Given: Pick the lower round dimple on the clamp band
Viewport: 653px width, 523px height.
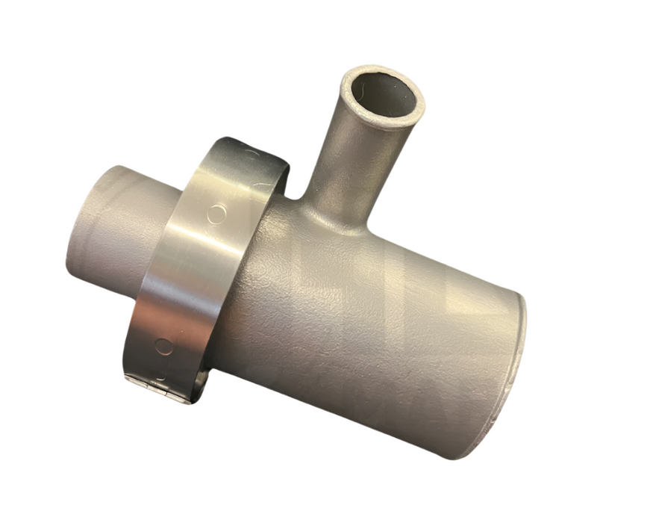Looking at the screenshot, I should click(x=163, y=346).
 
